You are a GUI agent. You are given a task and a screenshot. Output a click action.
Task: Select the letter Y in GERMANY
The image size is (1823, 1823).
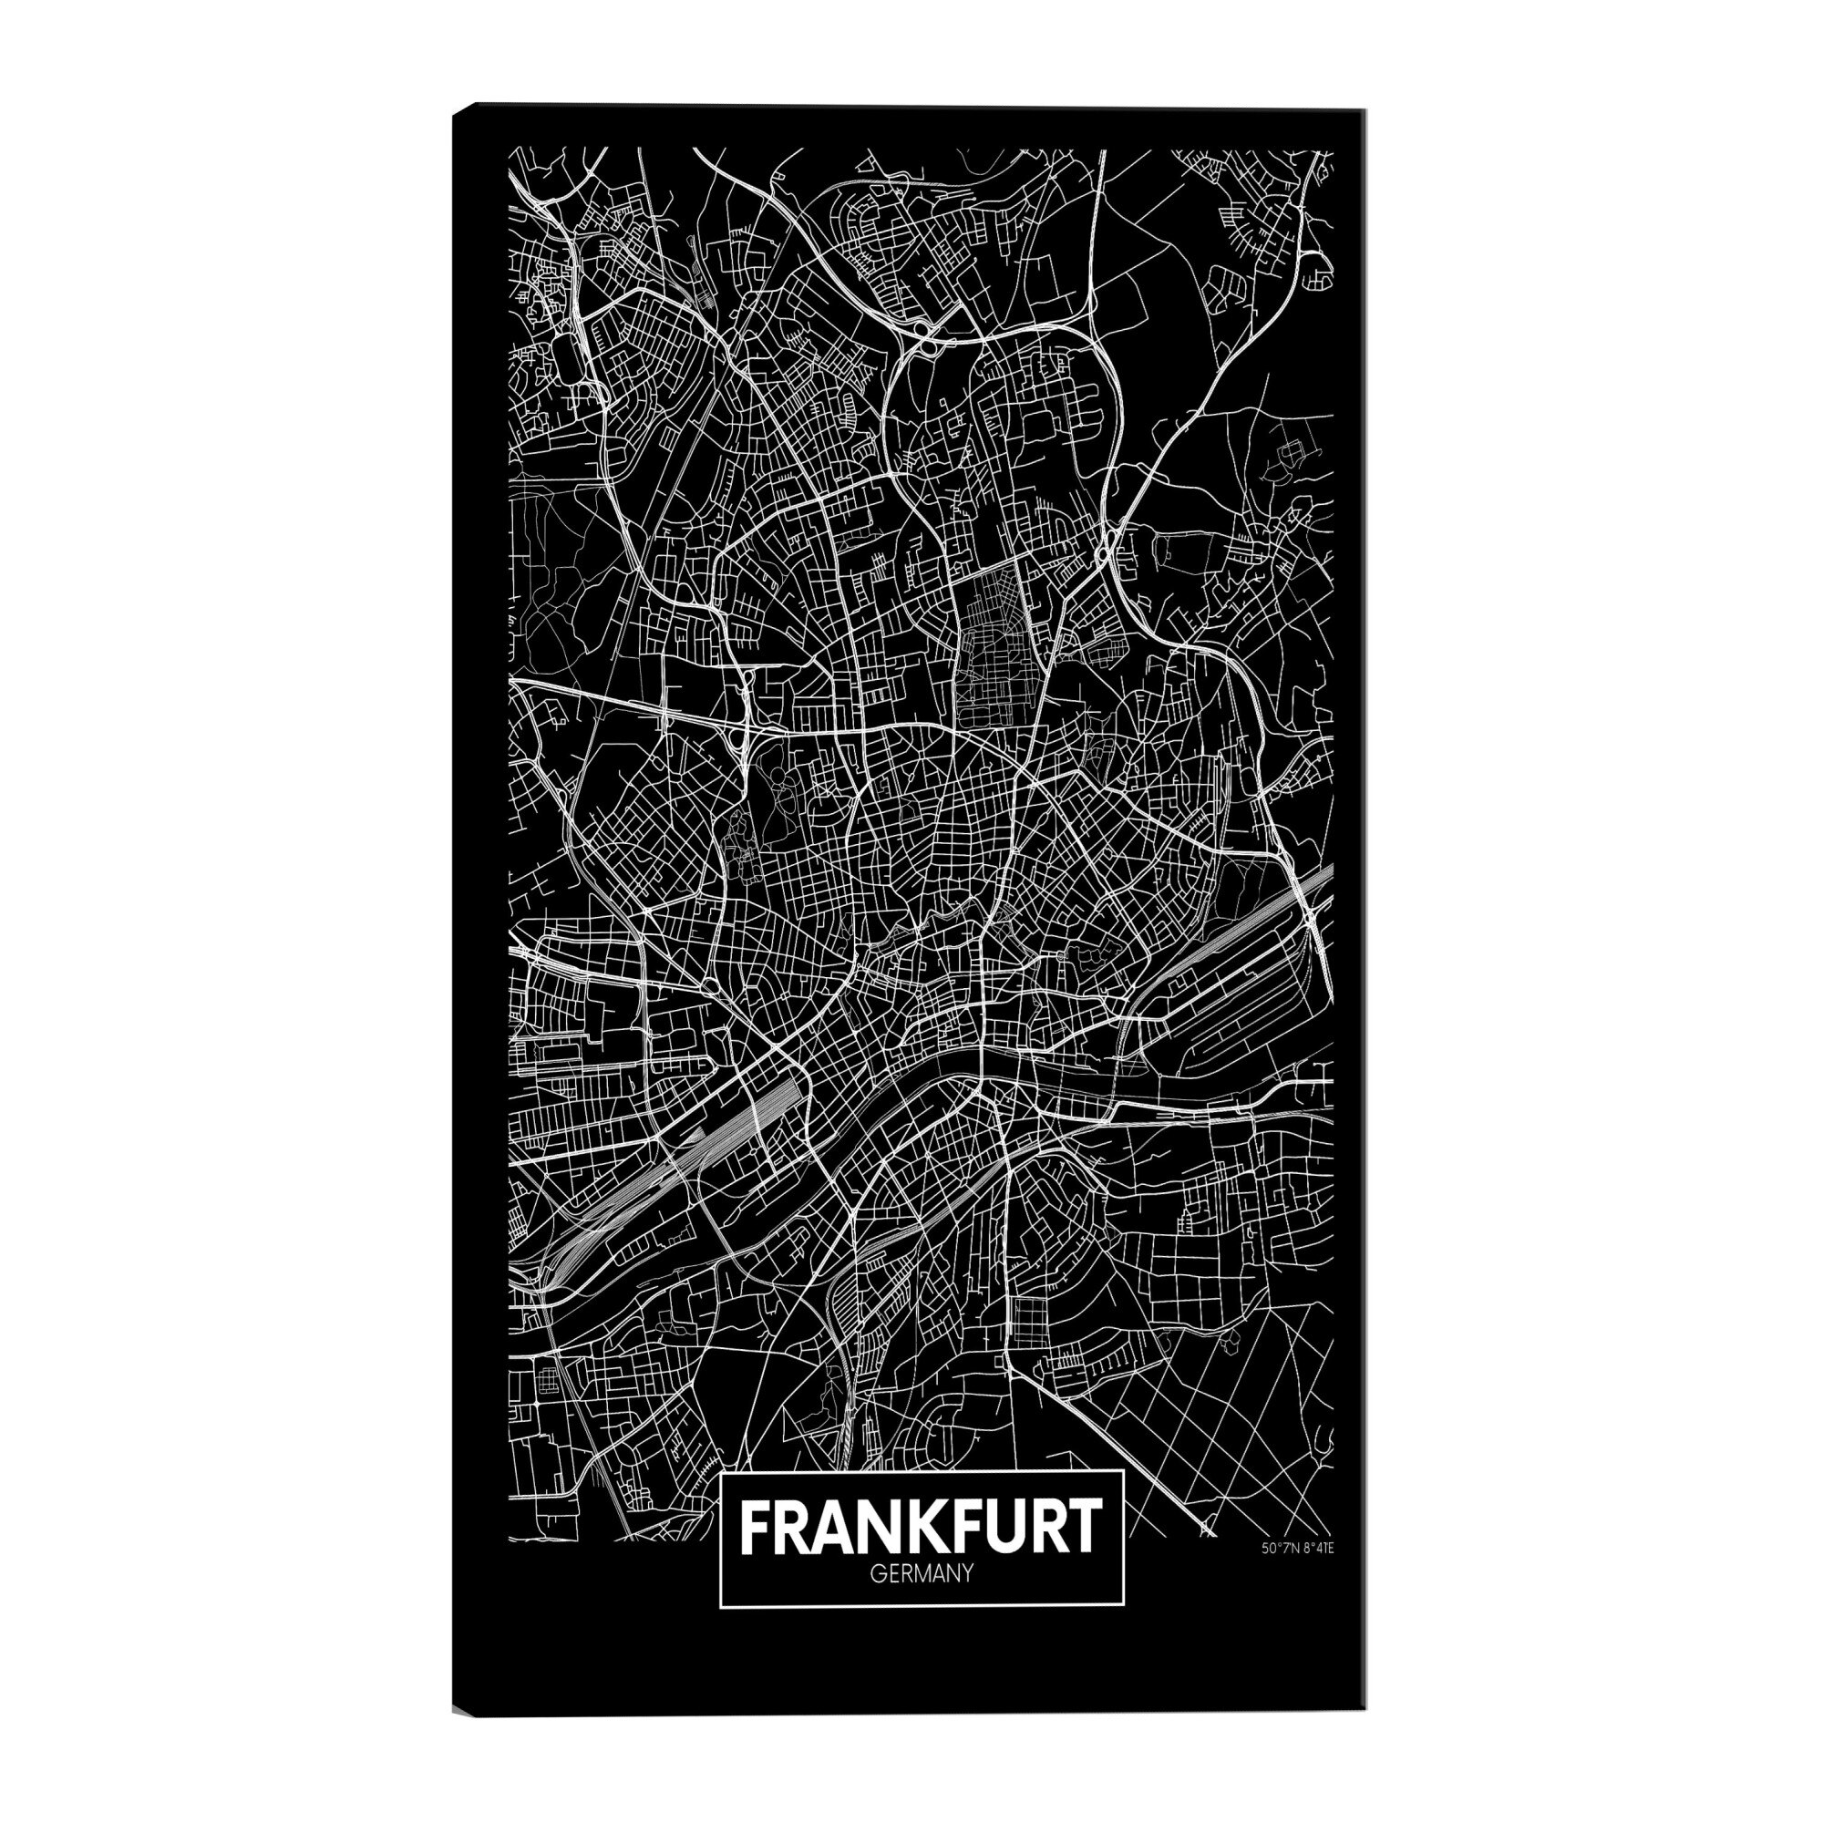coord(965,1602)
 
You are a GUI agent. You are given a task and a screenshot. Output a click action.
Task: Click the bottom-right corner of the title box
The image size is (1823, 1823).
coord(1124,1633)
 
